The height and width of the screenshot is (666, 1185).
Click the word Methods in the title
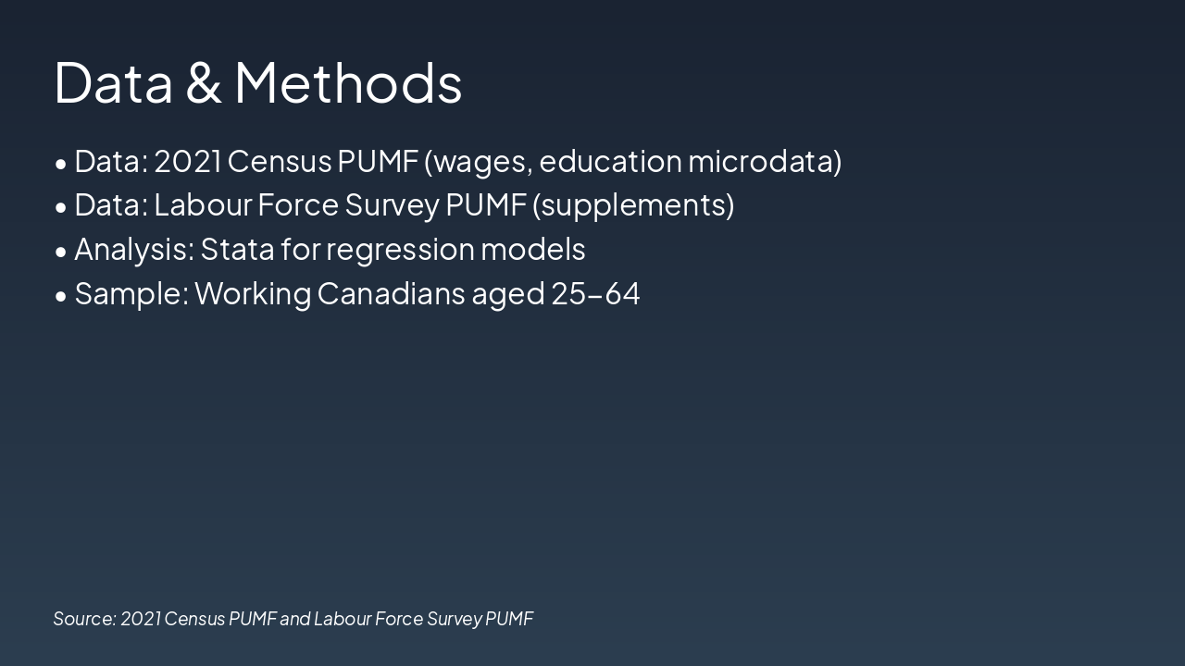pos(347,82)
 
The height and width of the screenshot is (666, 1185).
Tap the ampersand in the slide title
pos(203,82)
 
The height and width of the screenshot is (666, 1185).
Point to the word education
pos(609,161)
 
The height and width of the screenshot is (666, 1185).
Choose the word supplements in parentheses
pos(633,205)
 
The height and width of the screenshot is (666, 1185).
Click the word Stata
pos(237,249)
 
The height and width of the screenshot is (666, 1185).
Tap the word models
pos(532,249)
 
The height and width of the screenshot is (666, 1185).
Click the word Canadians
pos(391,293)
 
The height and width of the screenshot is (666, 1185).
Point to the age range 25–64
pos(595,293)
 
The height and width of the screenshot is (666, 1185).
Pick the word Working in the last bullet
pos(253,294)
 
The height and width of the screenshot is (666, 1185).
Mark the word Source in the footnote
pos(84,619)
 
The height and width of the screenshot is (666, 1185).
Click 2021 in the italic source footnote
pos(140,619)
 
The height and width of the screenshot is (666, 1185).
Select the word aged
pos(508,294)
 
